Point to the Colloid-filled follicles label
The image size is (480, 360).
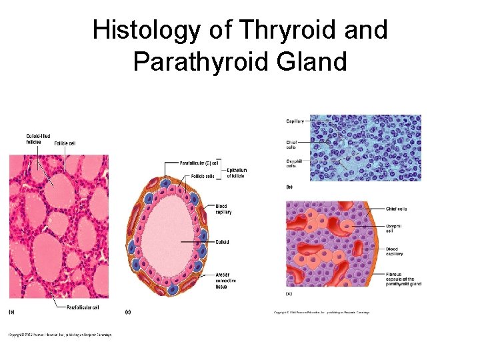[x=38, y=139]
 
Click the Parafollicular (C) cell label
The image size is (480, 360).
[x=199, y=163]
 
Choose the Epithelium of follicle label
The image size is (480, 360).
[x=237, y=173]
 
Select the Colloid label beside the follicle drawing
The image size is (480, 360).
[x=222, y=242]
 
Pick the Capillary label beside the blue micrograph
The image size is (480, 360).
[x=295, y=121]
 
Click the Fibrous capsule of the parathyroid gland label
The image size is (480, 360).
[x=403, y=279]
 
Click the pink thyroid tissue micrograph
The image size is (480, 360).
[x=59, y=227]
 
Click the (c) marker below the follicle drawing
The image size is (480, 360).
[x=127, y=311]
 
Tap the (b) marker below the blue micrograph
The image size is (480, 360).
[x=289, y=187]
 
